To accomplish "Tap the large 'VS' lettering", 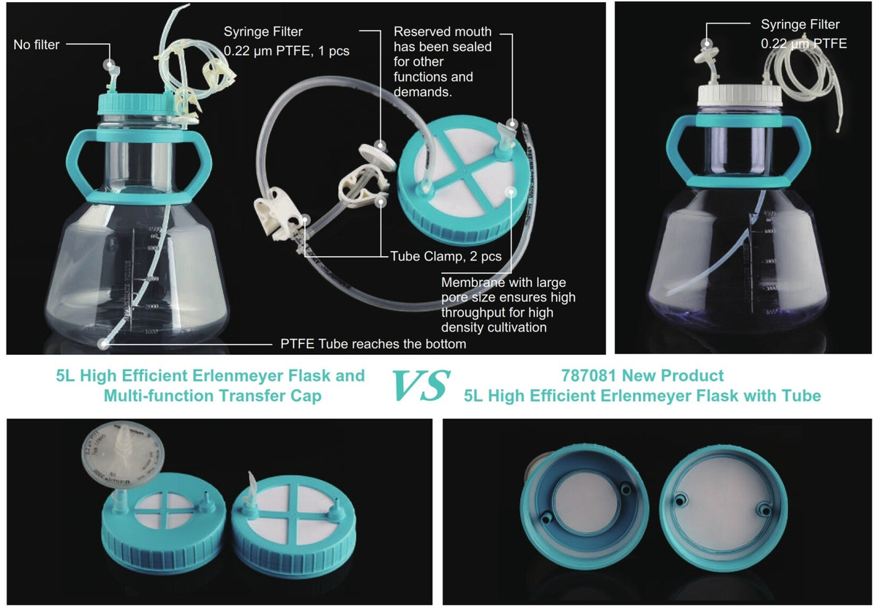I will point(420,386).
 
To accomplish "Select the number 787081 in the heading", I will point(586,376).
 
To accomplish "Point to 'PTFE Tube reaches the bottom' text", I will point(374,343).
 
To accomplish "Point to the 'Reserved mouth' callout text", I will point(442,32).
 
